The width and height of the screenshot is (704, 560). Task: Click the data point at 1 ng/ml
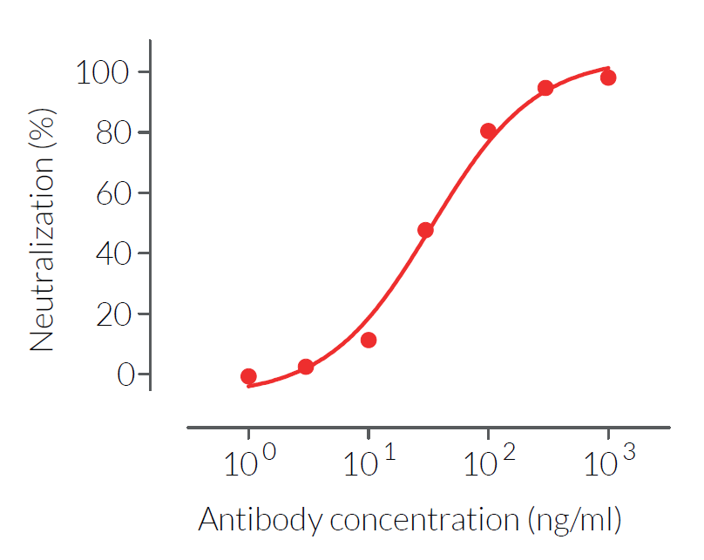coord(248,376)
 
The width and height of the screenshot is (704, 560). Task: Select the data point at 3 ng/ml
coord(306,367)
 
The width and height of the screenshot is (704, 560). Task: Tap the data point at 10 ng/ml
coord(369,340)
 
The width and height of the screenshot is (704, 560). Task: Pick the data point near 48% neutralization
coord(425,230)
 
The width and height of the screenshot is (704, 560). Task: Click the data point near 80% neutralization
coord(488,131)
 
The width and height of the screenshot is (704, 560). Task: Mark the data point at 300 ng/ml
coord(545,88)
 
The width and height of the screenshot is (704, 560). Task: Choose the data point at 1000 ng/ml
coord(608,78)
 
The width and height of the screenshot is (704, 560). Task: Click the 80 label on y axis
coord(113,133)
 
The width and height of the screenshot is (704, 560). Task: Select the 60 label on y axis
coord(113,193)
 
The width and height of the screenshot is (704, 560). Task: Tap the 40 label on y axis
coord(113,254)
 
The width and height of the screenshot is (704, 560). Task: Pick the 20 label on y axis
coord(113,314)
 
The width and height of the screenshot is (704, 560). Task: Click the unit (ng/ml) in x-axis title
coord(574,521)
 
